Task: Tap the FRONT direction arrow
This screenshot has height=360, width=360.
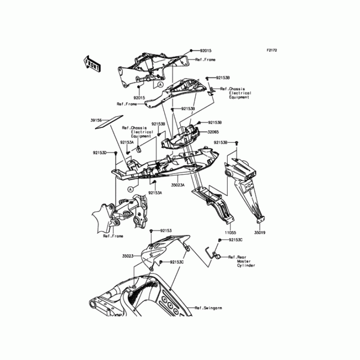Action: [x=92, y=64]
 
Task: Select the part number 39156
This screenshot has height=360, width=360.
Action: [x=96, y=121]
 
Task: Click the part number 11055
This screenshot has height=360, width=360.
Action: [x=230, y=234]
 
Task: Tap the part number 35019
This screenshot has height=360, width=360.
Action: [x=260, y=234]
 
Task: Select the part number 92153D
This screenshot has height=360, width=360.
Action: [x=99, y=153]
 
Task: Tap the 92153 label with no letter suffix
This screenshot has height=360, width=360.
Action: [x=166, y=230]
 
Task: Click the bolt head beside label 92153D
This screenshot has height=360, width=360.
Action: [x=116, y=153]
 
